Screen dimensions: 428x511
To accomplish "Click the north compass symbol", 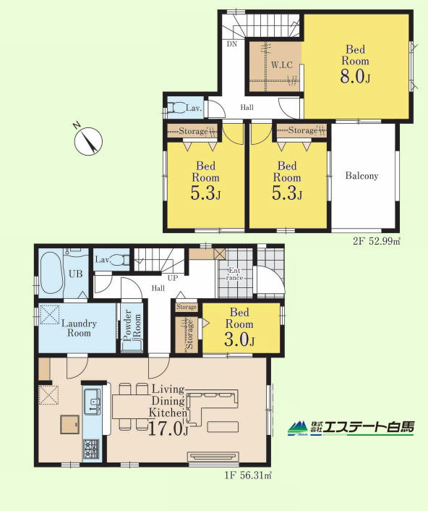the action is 88,141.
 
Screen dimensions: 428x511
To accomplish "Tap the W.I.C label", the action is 282,65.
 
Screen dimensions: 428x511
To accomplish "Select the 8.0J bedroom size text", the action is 355,77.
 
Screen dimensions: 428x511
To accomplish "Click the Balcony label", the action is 361,176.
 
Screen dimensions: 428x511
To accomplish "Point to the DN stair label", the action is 232,43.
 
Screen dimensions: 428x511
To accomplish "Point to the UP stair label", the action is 173,278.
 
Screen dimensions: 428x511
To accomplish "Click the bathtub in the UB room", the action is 51,273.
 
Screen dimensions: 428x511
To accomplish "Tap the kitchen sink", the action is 93,402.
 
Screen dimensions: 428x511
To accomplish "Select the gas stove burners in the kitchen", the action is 91,449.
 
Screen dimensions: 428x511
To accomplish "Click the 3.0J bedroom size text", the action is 239,340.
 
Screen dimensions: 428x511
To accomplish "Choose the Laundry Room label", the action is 79,328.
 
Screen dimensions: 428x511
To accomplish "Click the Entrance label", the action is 234,274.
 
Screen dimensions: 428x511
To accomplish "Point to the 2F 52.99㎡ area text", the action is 376,242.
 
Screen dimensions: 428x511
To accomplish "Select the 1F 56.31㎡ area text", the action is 248,476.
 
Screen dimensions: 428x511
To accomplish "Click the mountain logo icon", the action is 297,428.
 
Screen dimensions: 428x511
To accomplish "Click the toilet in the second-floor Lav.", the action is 176,107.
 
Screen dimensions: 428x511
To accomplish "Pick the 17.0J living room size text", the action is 168,428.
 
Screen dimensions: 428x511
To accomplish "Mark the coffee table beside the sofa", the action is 223,426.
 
